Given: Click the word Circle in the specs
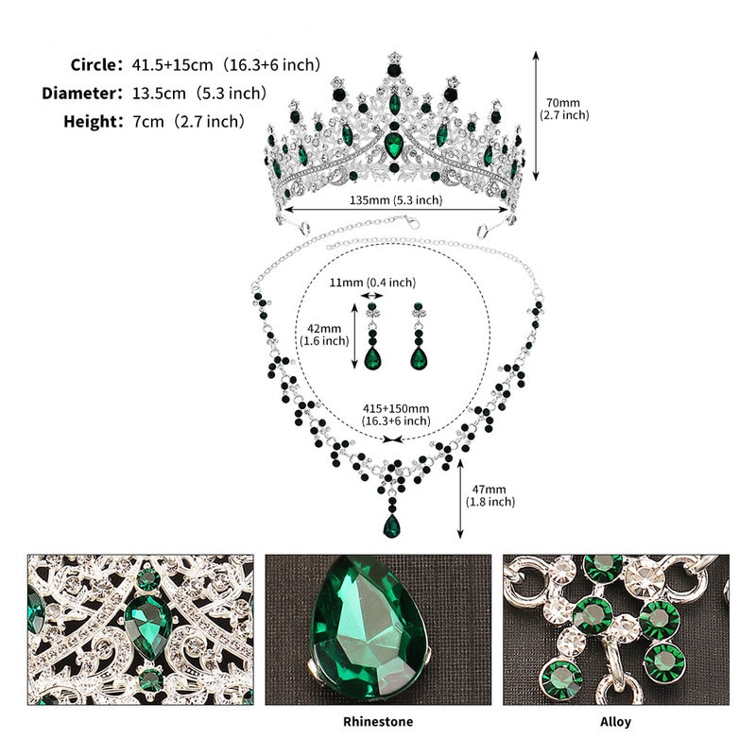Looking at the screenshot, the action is point(93,64).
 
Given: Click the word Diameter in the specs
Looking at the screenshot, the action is point(79,93).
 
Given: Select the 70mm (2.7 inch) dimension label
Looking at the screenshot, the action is point(564,109).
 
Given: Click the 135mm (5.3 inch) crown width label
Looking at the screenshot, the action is point(396,199).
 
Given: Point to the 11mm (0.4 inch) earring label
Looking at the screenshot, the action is point(372,282).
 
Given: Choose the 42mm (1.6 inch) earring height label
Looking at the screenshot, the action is point(324,335).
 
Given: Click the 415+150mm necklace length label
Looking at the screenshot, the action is point(396,415).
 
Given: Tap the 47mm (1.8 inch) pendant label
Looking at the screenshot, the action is point(490,495).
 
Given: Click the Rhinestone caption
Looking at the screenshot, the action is point(378,722).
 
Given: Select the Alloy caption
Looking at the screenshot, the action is point(615,722).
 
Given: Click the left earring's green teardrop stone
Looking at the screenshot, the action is point(372,358).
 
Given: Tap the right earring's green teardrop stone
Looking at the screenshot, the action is point(419,358).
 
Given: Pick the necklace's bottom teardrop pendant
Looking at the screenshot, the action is point(391,526).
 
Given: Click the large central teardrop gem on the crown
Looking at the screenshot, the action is point(394,146).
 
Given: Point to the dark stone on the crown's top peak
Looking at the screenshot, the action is point(394,71).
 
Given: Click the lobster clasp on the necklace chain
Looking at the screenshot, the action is point(412,222).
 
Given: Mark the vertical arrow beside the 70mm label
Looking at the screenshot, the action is point(535,115).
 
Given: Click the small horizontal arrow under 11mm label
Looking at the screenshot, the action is point(372,296).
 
